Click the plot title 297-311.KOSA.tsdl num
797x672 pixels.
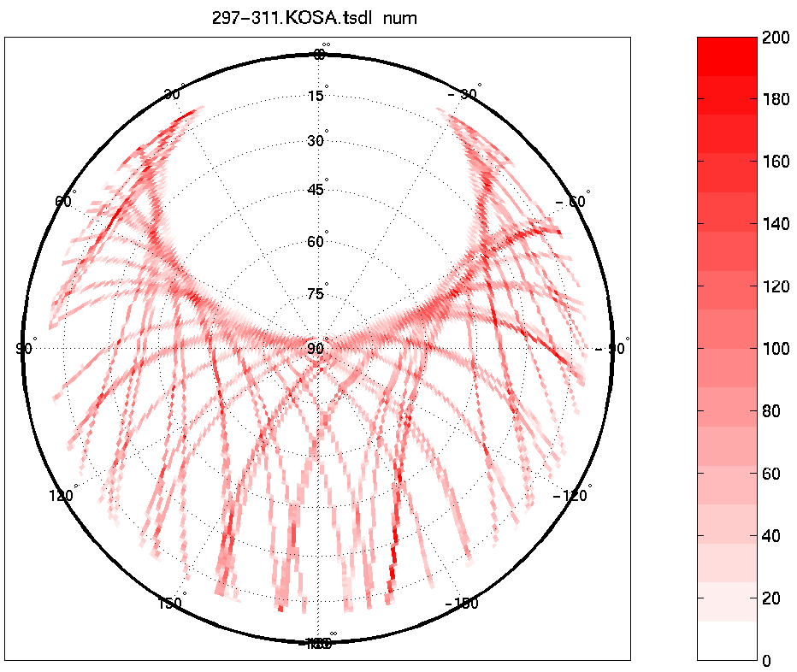(315, 18)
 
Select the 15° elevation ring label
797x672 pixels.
(316, 96)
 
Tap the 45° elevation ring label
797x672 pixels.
(316, 190)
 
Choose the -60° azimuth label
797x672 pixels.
(575, 202)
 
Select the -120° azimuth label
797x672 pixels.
(571, 496)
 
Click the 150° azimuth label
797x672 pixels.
(171, 603)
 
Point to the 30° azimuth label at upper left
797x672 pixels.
(172, 94)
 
